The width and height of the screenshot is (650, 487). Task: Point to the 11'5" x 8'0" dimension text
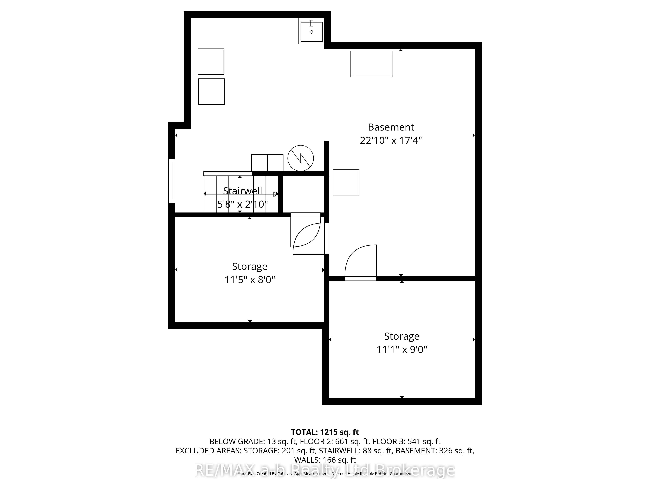(249, 280)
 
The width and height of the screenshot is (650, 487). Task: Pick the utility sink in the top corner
(311, 31)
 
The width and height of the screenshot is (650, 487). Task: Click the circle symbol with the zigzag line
(300, 158)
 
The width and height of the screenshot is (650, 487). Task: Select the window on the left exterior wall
(172, 181)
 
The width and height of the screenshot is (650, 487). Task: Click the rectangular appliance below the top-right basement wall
(371, 64)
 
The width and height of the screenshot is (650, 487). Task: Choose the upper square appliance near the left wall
(211, 62)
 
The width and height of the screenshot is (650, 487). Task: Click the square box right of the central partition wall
(346, 182)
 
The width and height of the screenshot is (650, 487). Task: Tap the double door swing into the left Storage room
(307, 235)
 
